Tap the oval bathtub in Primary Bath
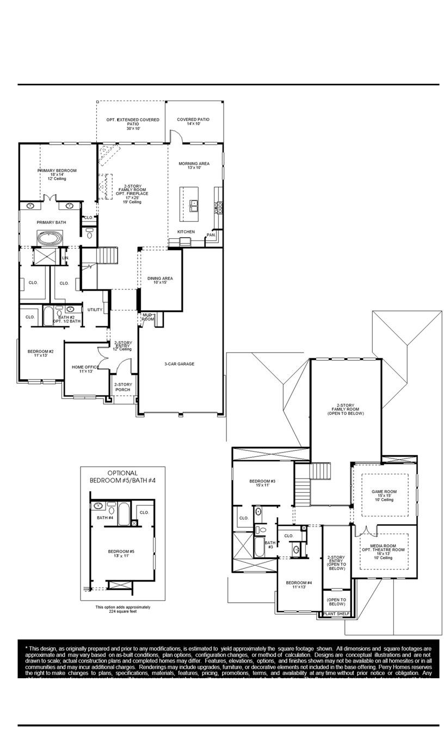pyautogui.click(x=50, y=238)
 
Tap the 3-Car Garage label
pyautogui.click(x=180, y=364)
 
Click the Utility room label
pyautogui.click(x=95, y=309)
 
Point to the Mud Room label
pyautogui.click(x=148, y=317)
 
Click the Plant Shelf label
pyautogui.click(x=336, y=614)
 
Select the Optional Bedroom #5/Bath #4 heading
pyautogui.click(x=122, y=477)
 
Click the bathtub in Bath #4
pyautogui.click(x=124, y=513)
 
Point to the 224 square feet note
pyautogui.click(x=123, y=609)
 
